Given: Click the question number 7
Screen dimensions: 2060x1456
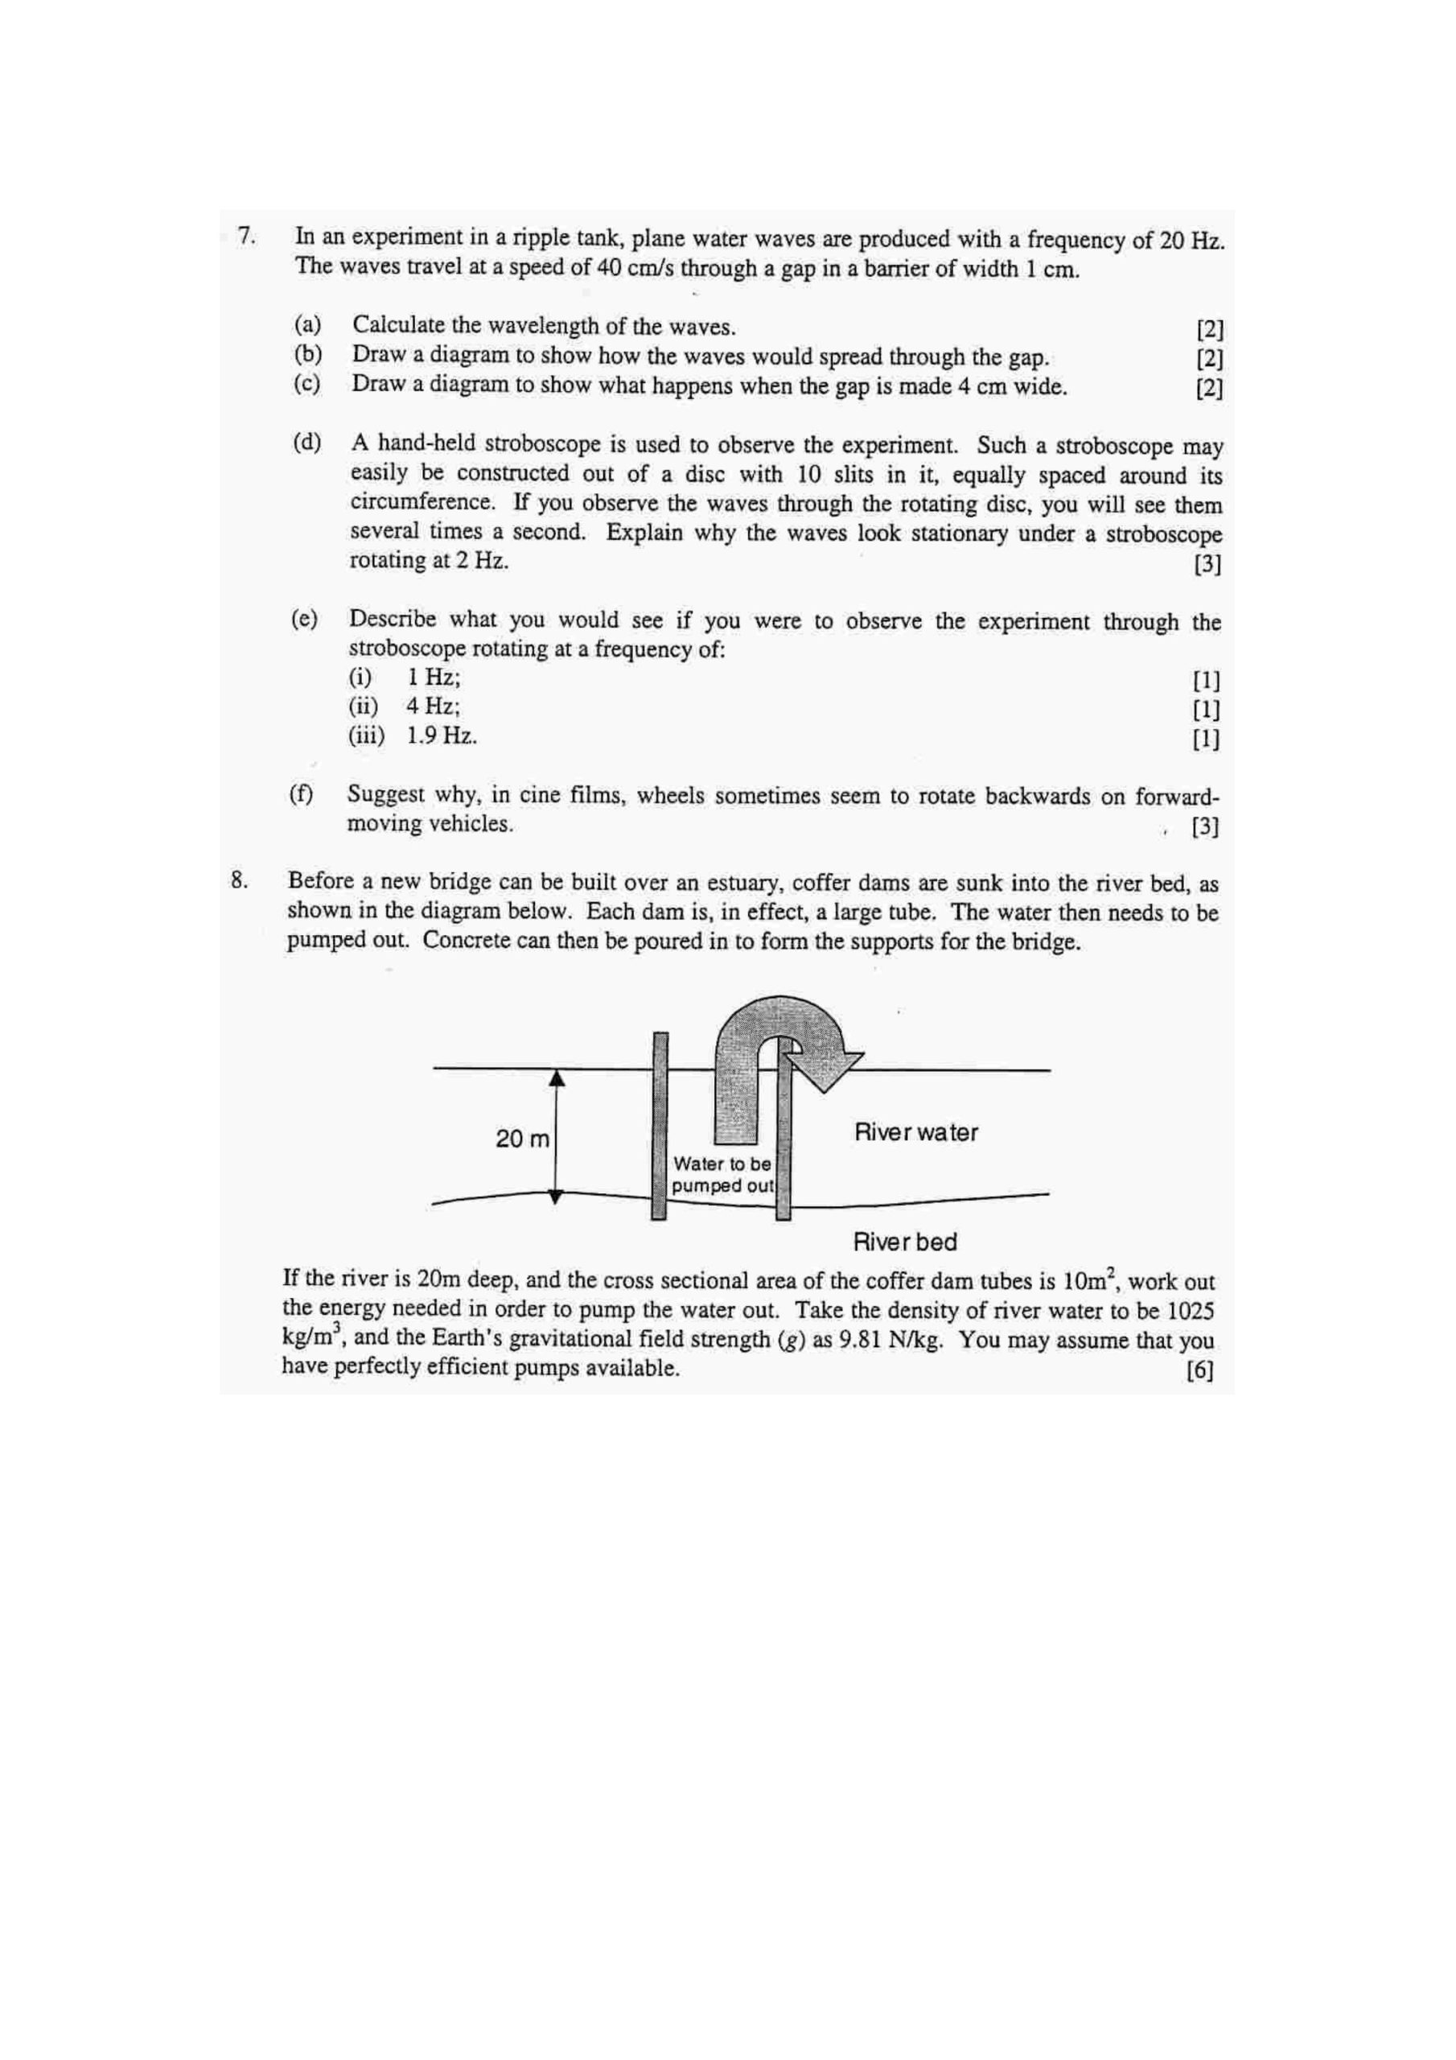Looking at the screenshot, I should (246, 236).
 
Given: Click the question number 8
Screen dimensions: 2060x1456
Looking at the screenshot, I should (239, 880).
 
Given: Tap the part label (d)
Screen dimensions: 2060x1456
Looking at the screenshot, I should (306, 443).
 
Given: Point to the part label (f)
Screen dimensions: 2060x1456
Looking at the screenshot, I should (302, 794).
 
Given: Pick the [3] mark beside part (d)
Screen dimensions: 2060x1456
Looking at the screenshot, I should (1207, 564).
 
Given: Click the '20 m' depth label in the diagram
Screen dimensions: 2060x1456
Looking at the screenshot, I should (522, 1139).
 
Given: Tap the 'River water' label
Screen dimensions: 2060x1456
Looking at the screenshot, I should (915, 1132).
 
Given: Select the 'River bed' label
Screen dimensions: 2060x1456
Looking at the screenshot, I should (904, 1242).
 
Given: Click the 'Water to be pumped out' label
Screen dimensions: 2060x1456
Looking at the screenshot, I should (722, 1175).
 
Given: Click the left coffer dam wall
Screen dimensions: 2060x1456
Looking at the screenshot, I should (660, 1126).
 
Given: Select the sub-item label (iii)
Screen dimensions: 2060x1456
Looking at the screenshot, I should (366, 736).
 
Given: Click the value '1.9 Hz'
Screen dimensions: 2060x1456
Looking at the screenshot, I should (442, 736).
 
